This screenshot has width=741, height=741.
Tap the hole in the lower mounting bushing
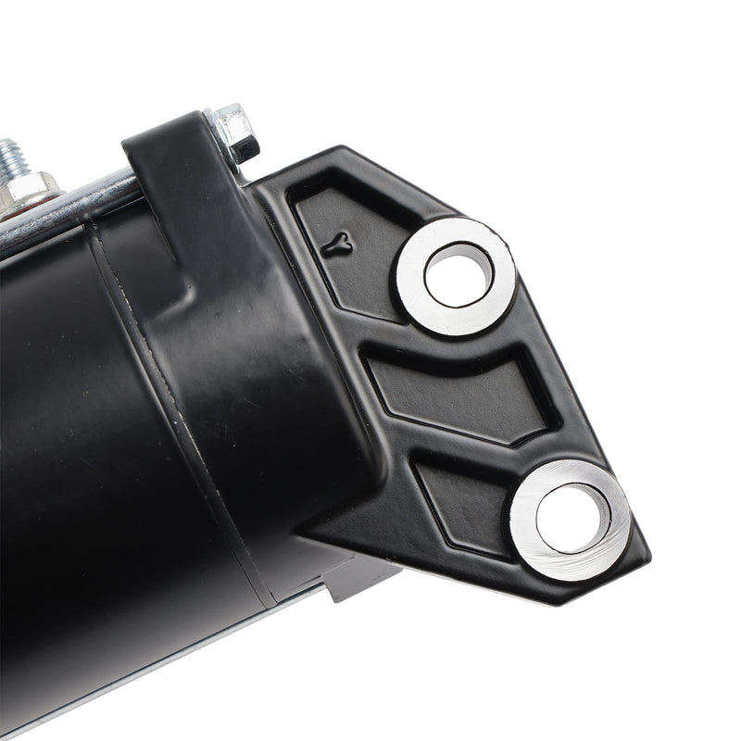[x=572, y=517]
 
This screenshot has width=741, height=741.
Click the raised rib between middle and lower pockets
[x=482, y=445]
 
